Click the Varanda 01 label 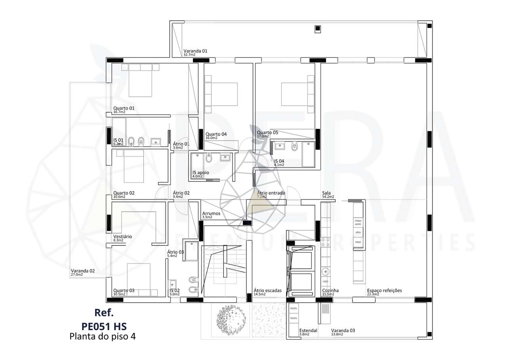pyautogui.click(x=195, y=51)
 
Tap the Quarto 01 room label pyautogui.click(x=124, y=108)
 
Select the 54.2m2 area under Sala pyautogui.click(x=328, y=197)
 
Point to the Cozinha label pyautogui.click(x=330, y=291)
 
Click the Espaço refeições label pyautogui.click(x=384, y=291)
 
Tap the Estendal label pyautogui.click(x=308, y=330)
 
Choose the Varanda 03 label pyautogui.click(x=343, y=330)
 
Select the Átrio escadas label pyautogui.click(x=267, y=291)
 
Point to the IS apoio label pyautogui.click(x=200, y=173)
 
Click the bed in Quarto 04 pyautogui.click(x=221, y=94)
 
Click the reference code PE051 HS pyautogui.click(x=104, y=326)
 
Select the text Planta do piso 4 pyautogui.click(x=103, y=337)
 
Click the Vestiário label pyautogui.click(x=122, y=236)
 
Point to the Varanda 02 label pyautogui.click(x=83, y=271)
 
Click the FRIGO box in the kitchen pyautogui.click(x=358, y=242)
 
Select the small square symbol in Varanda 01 pyautogui.click(x=317, y=29)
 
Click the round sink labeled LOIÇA pyautogui.click(x=325, y=272)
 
